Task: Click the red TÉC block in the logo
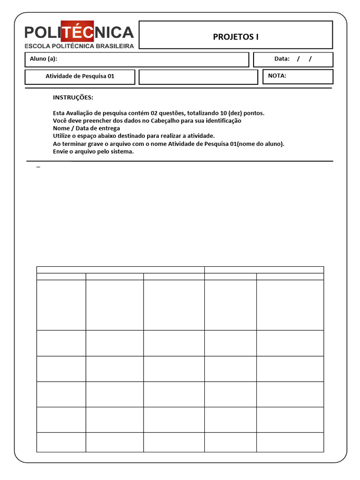[78, 32]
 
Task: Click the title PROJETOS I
[236, 37]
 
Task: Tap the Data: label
[282, 59]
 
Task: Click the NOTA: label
[277, 75]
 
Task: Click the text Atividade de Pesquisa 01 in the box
[80, 76]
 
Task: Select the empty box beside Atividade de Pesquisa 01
[198, 77]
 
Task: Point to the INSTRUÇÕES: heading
[73, 97]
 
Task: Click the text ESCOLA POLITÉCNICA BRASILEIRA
[79, 46]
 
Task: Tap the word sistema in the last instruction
[122, 151]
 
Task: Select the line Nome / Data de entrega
[86, 128]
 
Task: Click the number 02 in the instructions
[155, 113]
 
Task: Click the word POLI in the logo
[43, 32]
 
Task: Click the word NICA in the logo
[114, 32]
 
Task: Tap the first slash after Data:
[298, 59]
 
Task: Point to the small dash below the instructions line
[38, 166]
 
